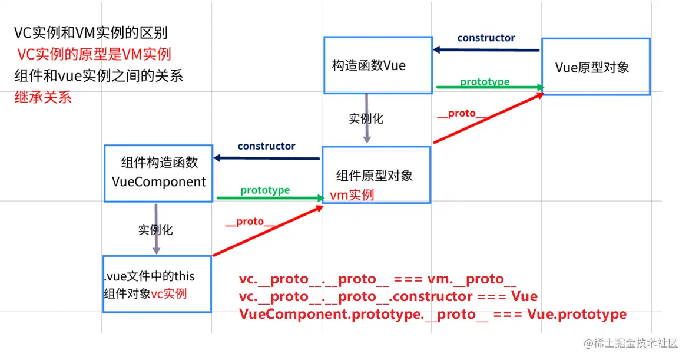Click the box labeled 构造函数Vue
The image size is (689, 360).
click(378, 65)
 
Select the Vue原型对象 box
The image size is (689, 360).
click(595, 67)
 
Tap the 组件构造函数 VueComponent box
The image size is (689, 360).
click(158, 173)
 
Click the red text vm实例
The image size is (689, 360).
click(352, 195)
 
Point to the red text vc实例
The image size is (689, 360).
click(169, 293)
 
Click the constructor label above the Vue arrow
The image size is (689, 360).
click(486, 38)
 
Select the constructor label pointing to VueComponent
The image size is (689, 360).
click(266, 146)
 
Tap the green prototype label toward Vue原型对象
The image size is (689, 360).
click(485, 82)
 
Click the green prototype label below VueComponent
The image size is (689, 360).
click(265, 190)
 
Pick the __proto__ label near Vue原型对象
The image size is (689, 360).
click(462, 114)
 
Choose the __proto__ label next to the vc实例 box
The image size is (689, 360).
click(250, 222)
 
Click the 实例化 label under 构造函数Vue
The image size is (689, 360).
click(366, 118)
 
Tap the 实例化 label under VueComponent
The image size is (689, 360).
click(155, 230)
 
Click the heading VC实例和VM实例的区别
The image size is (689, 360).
click(95, 34)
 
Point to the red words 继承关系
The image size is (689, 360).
click(43, 97)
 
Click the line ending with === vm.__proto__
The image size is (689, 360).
click(377, 279)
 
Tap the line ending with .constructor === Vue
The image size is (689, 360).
click(388, 296)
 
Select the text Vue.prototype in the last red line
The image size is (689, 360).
click(577, 314)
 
